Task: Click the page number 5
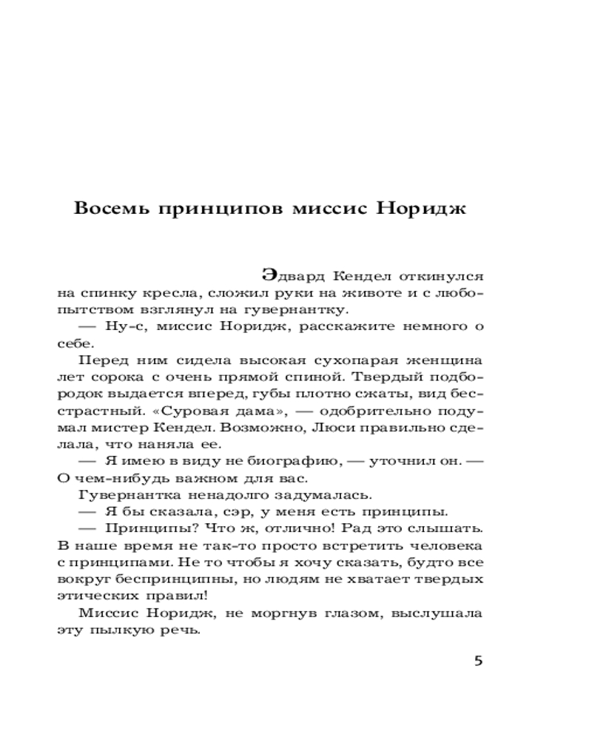click(477, 661)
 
